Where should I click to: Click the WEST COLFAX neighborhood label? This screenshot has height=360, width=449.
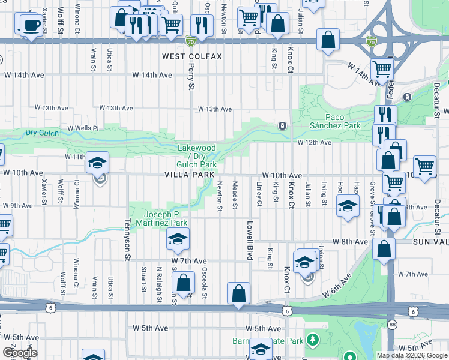pos(192,56)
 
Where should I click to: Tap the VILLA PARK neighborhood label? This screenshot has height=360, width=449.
pos(190,175)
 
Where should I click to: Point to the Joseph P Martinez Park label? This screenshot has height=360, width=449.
pos(165,218)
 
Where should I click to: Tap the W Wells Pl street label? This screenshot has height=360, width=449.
pos(83,128)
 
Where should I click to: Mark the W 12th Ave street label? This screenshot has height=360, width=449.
pos(315,143)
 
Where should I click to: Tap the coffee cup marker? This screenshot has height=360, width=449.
pos(31,25)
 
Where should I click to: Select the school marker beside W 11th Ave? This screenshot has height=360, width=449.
pos(97,162)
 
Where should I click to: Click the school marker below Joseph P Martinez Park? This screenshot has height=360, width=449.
pos(178,239)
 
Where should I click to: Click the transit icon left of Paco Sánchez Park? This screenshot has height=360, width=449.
pos(281,125)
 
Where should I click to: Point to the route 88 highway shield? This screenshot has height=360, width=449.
pos(393,325)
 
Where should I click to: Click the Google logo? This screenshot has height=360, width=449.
pos(19,353)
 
